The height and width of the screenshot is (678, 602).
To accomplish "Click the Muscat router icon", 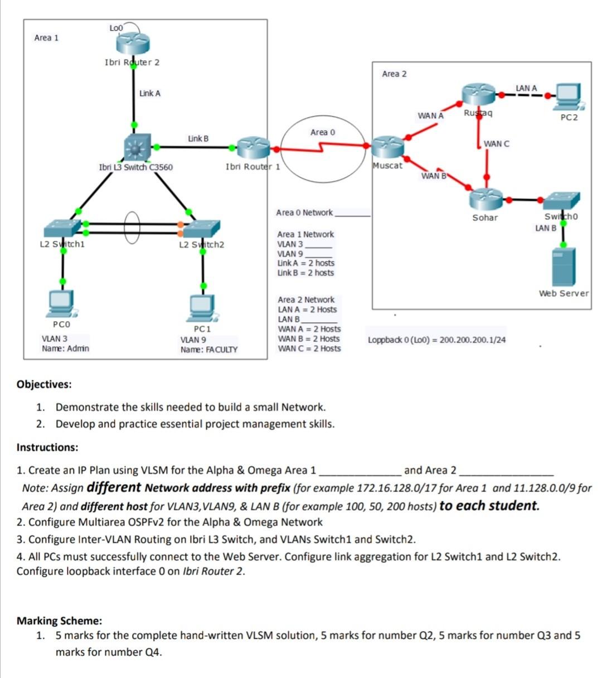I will (388, 147).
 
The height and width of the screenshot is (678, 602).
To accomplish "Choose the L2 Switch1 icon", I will (62, 228).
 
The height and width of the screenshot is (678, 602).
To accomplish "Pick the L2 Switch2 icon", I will (202, 228).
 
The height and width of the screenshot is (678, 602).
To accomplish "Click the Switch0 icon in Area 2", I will (561, 201).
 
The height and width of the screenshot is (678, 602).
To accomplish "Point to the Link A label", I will (150, 93).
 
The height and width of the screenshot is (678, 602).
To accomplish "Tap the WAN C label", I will (496, 144).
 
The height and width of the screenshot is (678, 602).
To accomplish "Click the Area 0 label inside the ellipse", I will (323, 132).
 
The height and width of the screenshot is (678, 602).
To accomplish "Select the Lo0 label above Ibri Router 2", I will (116, 27).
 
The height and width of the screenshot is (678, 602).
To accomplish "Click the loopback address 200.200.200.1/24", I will (473, 340).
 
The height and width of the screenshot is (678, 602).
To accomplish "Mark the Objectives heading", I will (44, 384).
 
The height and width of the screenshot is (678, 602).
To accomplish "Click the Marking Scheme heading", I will (59, 621).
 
